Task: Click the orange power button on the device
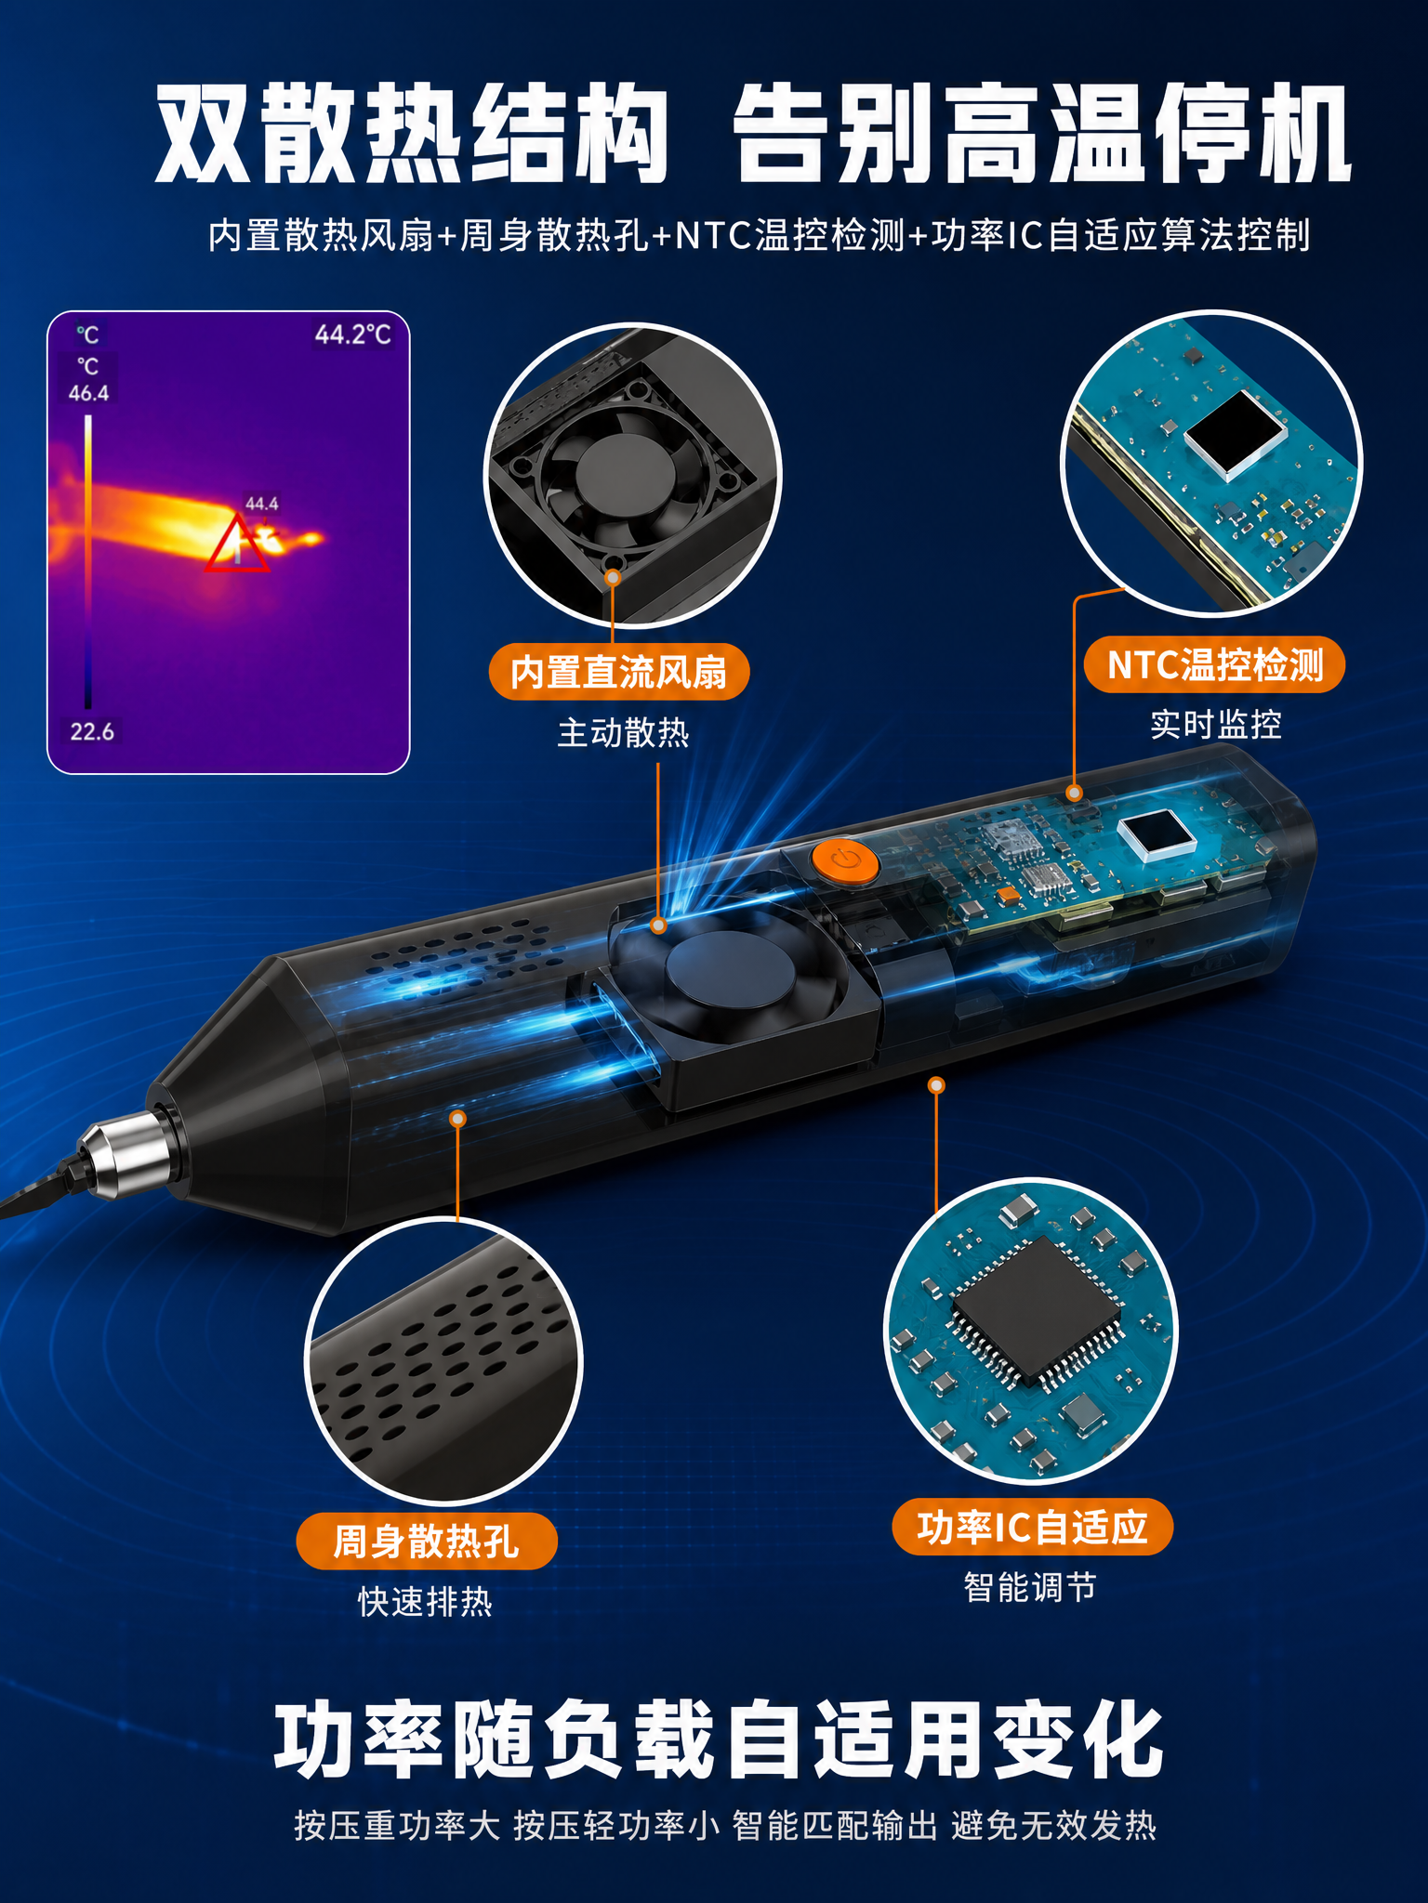844,861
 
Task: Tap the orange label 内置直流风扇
619,672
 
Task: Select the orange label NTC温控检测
1214,665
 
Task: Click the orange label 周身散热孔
427,1542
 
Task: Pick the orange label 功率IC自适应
1033,1527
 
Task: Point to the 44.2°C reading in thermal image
353,335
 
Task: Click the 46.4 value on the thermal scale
88,393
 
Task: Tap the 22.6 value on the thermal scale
92,732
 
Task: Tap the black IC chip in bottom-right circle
1035,1311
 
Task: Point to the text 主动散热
623,733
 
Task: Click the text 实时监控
1216,725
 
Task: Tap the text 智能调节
1030,1587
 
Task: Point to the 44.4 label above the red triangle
261,504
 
